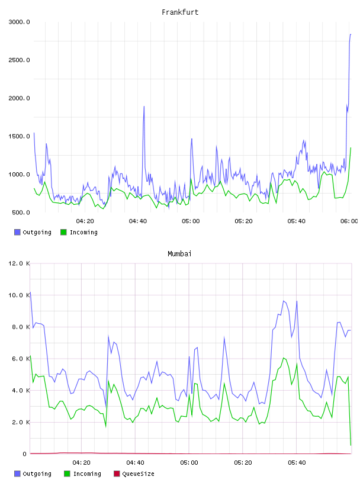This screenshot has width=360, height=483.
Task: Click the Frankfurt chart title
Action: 180,12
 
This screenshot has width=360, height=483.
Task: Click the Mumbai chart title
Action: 179,254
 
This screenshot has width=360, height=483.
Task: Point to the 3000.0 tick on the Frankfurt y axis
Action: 19,22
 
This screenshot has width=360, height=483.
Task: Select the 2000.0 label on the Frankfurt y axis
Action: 19,98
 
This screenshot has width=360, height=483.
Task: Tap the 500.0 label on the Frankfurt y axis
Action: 21,212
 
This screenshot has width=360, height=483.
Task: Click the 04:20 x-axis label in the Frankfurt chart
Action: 85,221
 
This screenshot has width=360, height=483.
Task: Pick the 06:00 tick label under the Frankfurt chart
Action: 349,221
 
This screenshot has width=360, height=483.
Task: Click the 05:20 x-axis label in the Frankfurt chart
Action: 243,221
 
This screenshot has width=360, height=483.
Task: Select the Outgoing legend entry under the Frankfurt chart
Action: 33,232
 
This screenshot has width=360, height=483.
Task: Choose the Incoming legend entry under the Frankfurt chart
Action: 79,232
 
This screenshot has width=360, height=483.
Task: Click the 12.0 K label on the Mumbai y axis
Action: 19,263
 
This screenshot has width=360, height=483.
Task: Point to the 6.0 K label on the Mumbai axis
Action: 21,359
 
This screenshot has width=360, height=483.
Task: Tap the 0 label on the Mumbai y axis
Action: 25,454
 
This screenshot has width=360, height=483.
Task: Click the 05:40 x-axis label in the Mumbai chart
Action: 297,463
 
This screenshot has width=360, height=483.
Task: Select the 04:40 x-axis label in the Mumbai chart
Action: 135,463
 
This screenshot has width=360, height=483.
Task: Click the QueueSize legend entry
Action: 134,474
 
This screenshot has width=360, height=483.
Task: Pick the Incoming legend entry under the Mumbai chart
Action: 82,474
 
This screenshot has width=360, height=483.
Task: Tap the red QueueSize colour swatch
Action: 117,474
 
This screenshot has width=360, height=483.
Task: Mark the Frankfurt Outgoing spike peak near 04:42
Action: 144,107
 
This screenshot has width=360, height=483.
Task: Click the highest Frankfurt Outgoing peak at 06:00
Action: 351,34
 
